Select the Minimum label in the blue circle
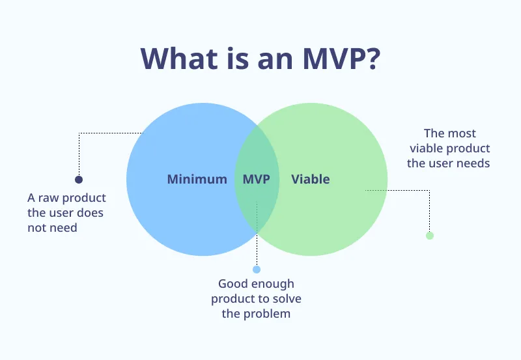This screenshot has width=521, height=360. pos(197,179)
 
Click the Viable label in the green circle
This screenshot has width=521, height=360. pos(310,179)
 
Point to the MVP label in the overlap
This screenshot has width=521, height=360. pos(256,179)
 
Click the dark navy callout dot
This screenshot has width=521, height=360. pos(79,180)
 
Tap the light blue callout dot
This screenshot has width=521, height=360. pos(257,269)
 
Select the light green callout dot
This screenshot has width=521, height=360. pos(429,236)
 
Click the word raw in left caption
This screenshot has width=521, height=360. pos(50,197)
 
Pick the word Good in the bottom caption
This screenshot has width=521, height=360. pos(232,284)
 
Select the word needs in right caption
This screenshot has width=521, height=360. pos(475,163)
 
